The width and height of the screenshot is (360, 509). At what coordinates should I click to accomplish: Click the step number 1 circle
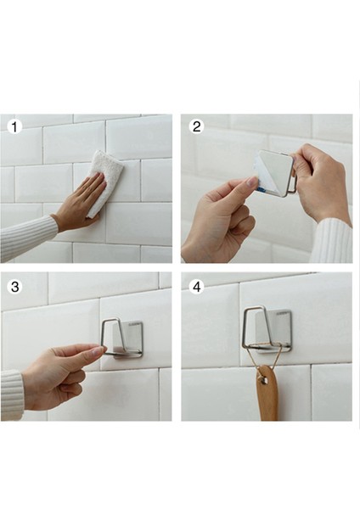tap(14, 127)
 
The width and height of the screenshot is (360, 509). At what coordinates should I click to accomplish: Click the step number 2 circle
tap(196, 126)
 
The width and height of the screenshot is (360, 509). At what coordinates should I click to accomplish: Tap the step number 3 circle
tap(14, 287)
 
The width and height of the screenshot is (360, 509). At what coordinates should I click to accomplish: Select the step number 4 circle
tap(197, 287)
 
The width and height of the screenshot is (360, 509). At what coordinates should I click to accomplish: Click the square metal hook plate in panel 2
tap(274, 173)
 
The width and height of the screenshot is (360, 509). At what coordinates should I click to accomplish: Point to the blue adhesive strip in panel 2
tap(260, 188)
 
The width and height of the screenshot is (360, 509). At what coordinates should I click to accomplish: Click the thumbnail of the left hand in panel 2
tap(250, 181)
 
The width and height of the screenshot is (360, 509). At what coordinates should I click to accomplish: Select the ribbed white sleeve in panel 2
tap(332, 241)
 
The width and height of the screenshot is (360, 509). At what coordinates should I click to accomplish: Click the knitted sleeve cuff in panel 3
tap(12, 395)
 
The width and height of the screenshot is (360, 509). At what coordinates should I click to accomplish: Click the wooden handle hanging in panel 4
tap(267, 394)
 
